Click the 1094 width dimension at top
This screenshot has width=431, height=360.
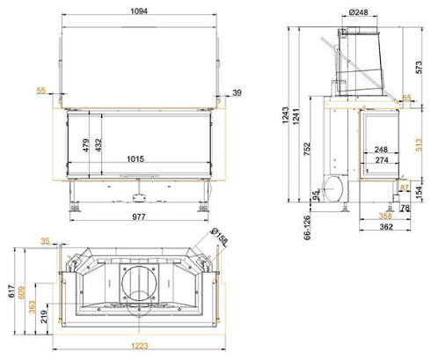pyautogui.click(x=139, y=11)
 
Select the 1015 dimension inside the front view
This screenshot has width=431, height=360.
pyautogui.click(x=135, y=159)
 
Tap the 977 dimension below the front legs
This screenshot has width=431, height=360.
pyautogui.click(x=139, y=217)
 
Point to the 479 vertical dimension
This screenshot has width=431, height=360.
pyautogui.click(x=85, y=145)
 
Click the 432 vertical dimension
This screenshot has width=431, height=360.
pyautogui.click(x=99, y=145)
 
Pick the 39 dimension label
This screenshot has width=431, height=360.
pyautogui.click(x=237, y=92)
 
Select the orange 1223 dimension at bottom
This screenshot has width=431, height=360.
pyautogui.click(x=139, y=346)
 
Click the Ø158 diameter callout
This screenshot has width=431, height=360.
pyautogui.click(x=219, y=236)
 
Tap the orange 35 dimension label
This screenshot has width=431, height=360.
pyautogui.click(x=45, y=241)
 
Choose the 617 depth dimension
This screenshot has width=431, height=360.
pyautogui.click(x=11, y=291)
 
